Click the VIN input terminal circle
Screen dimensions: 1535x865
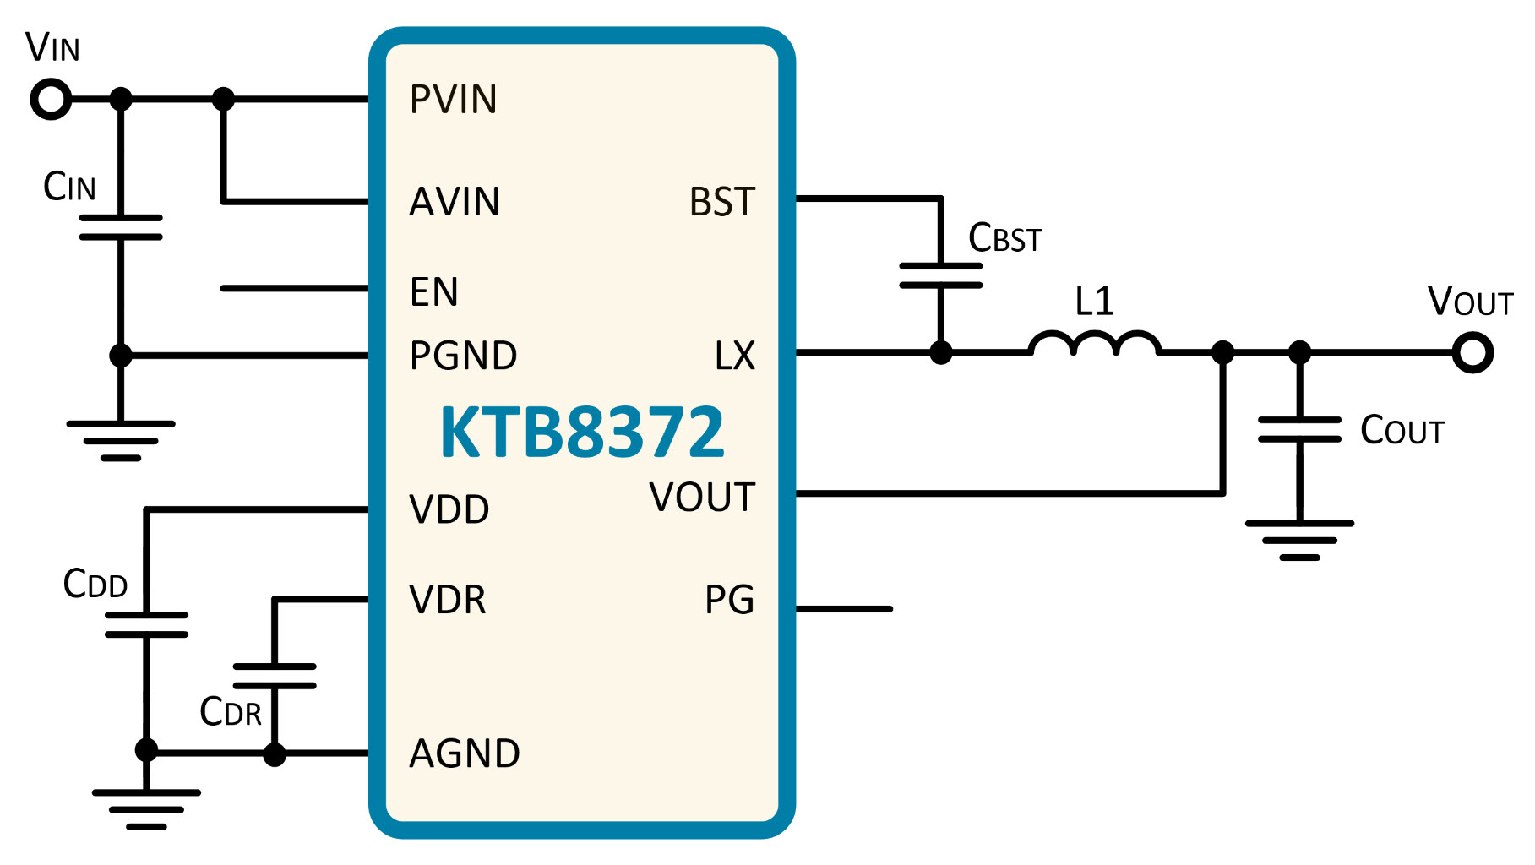point(51,100)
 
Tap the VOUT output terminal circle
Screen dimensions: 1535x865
point(1472,352)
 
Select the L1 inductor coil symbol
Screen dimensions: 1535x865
point(1094,342)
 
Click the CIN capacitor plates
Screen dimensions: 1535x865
point(121,227)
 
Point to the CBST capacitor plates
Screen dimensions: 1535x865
point(941,275)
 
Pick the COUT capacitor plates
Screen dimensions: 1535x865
point(1299,429)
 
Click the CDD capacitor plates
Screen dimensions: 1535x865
point(146,624)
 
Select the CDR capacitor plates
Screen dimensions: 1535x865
point(275,676)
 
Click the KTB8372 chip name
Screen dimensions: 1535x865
point(582,432)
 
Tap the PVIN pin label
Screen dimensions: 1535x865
point(454,100)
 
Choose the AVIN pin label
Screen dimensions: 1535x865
point(455,202)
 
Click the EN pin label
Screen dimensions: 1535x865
point(434,292)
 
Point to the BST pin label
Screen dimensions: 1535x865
point(722,202)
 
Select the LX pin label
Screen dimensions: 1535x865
point(735,356)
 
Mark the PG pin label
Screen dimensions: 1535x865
point(730,600)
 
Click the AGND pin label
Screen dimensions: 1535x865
point(465,753)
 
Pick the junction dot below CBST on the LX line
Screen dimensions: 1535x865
point(941,352)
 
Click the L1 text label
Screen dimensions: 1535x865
point(1095,301)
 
